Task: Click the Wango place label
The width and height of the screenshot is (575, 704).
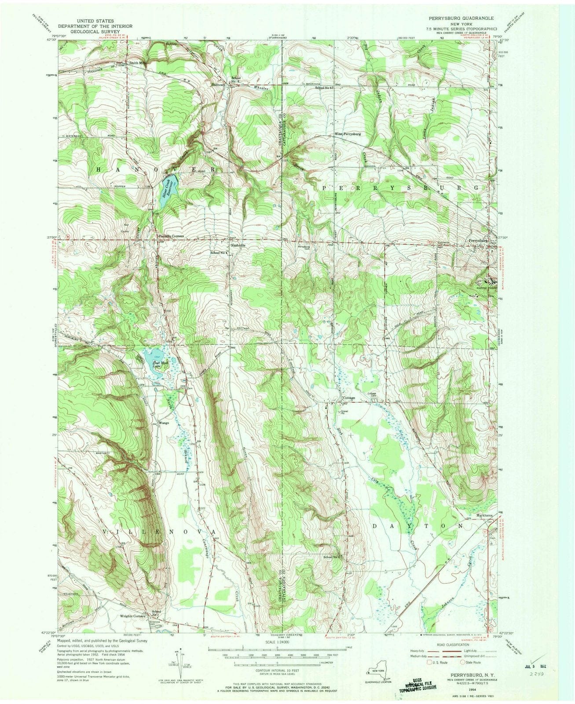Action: [x=164, y=423]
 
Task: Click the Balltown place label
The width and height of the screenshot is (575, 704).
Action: [x=218, y=84]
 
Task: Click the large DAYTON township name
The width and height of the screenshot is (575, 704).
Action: [x=418, y=526]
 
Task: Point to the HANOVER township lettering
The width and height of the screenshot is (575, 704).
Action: [x=154, y=169]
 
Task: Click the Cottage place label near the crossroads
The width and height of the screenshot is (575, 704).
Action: [x=348, y=398]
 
